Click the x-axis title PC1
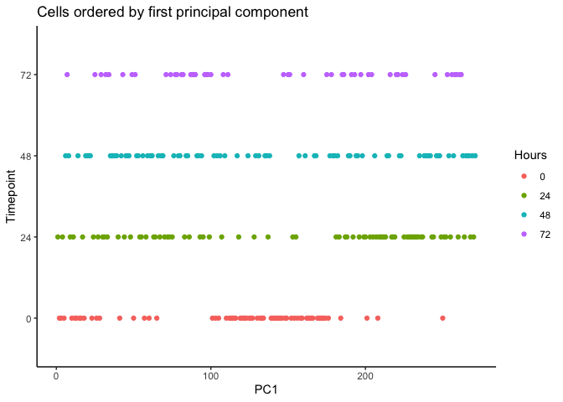(266, 389)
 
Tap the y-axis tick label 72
(26, 75)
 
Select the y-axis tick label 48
(26, 156)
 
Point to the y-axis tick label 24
(26, 237)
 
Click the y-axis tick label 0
(28, 318)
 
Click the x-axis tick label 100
(210, 375)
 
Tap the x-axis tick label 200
(364, 375)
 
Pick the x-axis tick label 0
(56, 375)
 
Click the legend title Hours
(531, 155)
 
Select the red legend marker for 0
(524, 176)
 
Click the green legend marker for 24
(524, 195)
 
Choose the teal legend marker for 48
(524, 214)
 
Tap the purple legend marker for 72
(524, 233)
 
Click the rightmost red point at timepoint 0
(442, 318)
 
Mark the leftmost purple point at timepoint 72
(67, 75)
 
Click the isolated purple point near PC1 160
(303, 75)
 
